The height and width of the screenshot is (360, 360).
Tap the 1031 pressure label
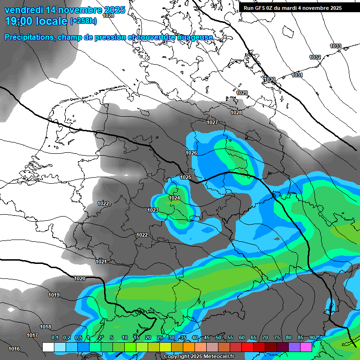pyautogui.click(x=297, y=75)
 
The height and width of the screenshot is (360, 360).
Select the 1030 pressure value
pyautogui.click(x=270, y=79)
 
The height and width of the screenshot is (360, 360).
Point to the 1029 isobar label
pyautogui.click(x=242, y=93)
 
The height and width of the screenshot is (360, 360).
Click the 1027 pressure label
pyautogui.click(x=212, y=122)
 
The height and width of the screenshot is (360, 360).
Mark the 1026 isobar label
pyautogui.click(x=191, y=153)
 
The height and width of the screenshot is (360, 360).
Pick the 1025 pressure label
pyautogui.click(x=186, y=177)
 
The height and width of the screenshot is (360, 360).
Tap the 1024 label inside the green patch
pyautogui.click(x=175, y=198)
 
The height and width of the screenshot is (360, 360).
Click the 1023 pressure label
pyautogui.click(x=153, y=210)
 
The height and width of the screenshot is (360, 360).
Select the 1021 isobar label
pyautogui.click(x=101, y=261)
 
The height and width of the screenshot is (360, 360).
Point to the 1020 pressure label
pyautogui.click(x=80, y=278)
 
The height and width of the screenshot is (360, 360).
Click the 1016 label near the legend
pyautogui.click(x=14, y=349)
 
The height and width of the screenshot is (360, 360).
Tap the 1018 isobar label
pyautogui.click(x=45, y=327)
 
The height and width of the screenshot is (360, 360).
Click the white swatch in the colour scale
pyautogui.click(x=48, y=347)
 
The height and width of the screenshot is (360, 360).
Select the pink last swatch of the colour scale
pyautogui.click(x=306, y=347)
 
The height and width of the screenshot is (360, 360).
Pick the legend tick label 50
pyautogui.click(x=218, y=338)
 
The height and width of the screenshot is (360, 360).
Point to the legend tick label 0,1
pyautogui.click(x=54, y=338)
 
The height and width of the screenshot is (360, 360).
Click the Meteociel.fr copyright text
pyautogui.click(x=199, y=357)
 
